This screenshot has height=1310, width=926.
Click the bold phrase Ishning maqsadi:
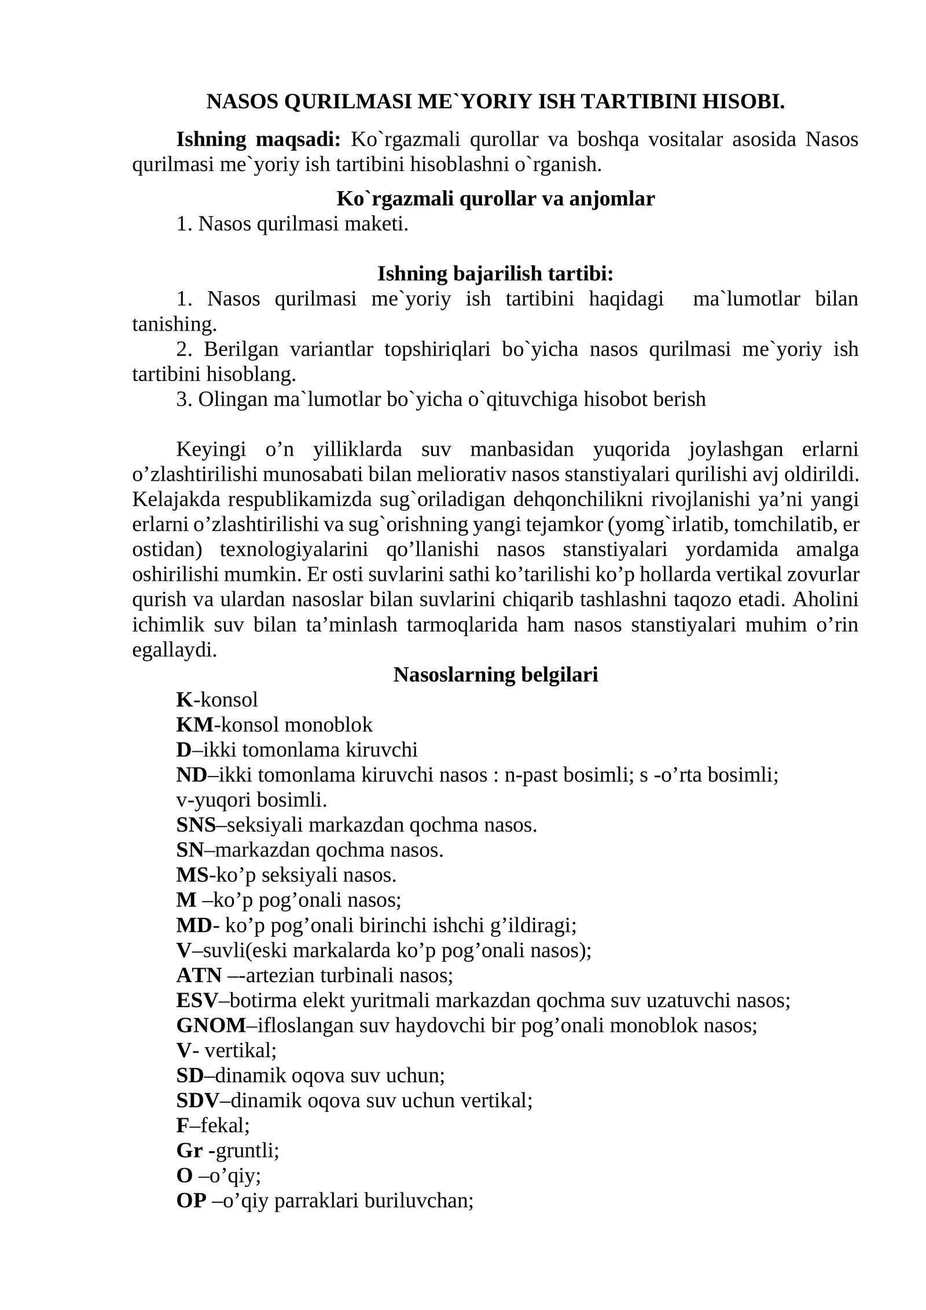pos(258,140)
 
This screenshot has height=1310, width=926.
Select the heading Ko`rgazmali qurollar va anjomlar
pos(495,199)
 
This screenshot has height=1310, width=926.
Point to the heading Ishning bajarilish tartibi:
pos(495,273)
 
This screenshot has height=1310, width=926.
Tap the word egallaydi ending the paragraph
pos(173,650)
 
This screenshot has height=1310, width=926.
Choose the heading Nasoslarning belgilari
pos(495,675)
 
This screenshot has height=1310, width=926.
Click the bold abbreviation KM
pos(194,724)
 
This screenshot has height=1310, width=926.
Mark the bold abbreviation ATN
pos(199,975)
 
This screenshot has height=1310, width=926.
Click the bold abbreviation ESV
pos(197,1000)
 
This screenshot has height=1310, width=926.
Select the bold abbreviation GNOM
pos(211,1025)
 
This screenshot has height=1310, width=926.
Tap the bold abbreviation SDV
pos(198,1100)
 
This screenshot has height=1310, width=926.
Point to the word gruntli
pos(245,1150)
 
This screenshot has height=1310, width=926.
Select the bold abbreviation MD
pos(194,925)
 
